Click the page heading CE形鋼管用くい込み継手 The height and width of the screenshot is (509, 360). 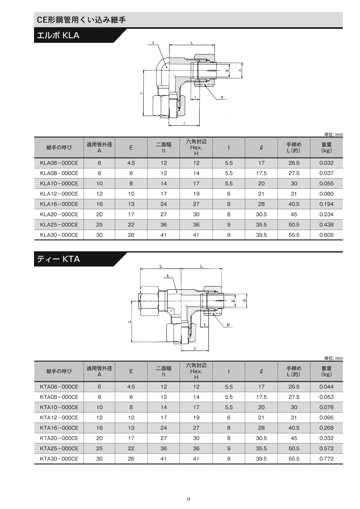click(81, 20)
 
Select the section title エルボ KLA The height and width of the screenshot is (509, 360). click(58, 36)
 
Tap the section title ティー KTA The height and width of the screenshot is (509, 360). click(58, 259)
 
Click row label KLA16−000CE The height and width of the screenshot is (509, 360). click(59, 204)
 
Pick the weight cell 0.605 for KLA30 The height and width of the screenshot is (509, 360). click(326, 235)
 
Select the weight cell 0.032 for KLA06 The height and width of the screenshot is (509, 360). click(326, 163)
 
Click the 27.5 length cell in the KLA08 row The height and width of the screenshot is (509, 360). click(294, 173)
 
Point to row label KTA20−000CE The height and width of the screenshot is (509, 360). click(59, 438)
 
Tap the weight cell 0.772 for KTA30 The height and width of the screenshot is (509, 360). click(326, 459)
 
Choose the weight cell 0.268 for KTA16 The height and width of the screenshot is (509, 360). click(326, 428)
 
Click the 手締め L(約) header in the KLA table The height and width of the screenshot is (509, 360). click(294, 148)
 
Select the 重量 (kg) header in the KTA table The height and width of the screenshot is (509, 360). click(326, 371)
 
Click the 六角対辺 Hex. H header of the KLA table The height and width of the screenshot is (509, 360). click(196, 148)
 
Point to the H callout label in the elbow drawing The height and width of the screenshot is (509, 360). click(222, 98)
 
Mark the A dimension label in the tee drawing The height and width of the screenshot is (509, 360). click(244, 301)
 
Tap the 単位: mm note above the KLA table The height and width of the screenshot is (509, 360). click(333, 134)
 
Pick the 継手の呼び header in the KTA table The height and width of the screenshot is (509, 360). click(59, 371)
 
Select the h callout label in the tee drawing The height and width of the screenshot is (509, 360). click(168, 276)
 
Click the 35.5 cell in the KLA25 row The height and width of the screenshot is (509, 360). click(261, 224)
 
